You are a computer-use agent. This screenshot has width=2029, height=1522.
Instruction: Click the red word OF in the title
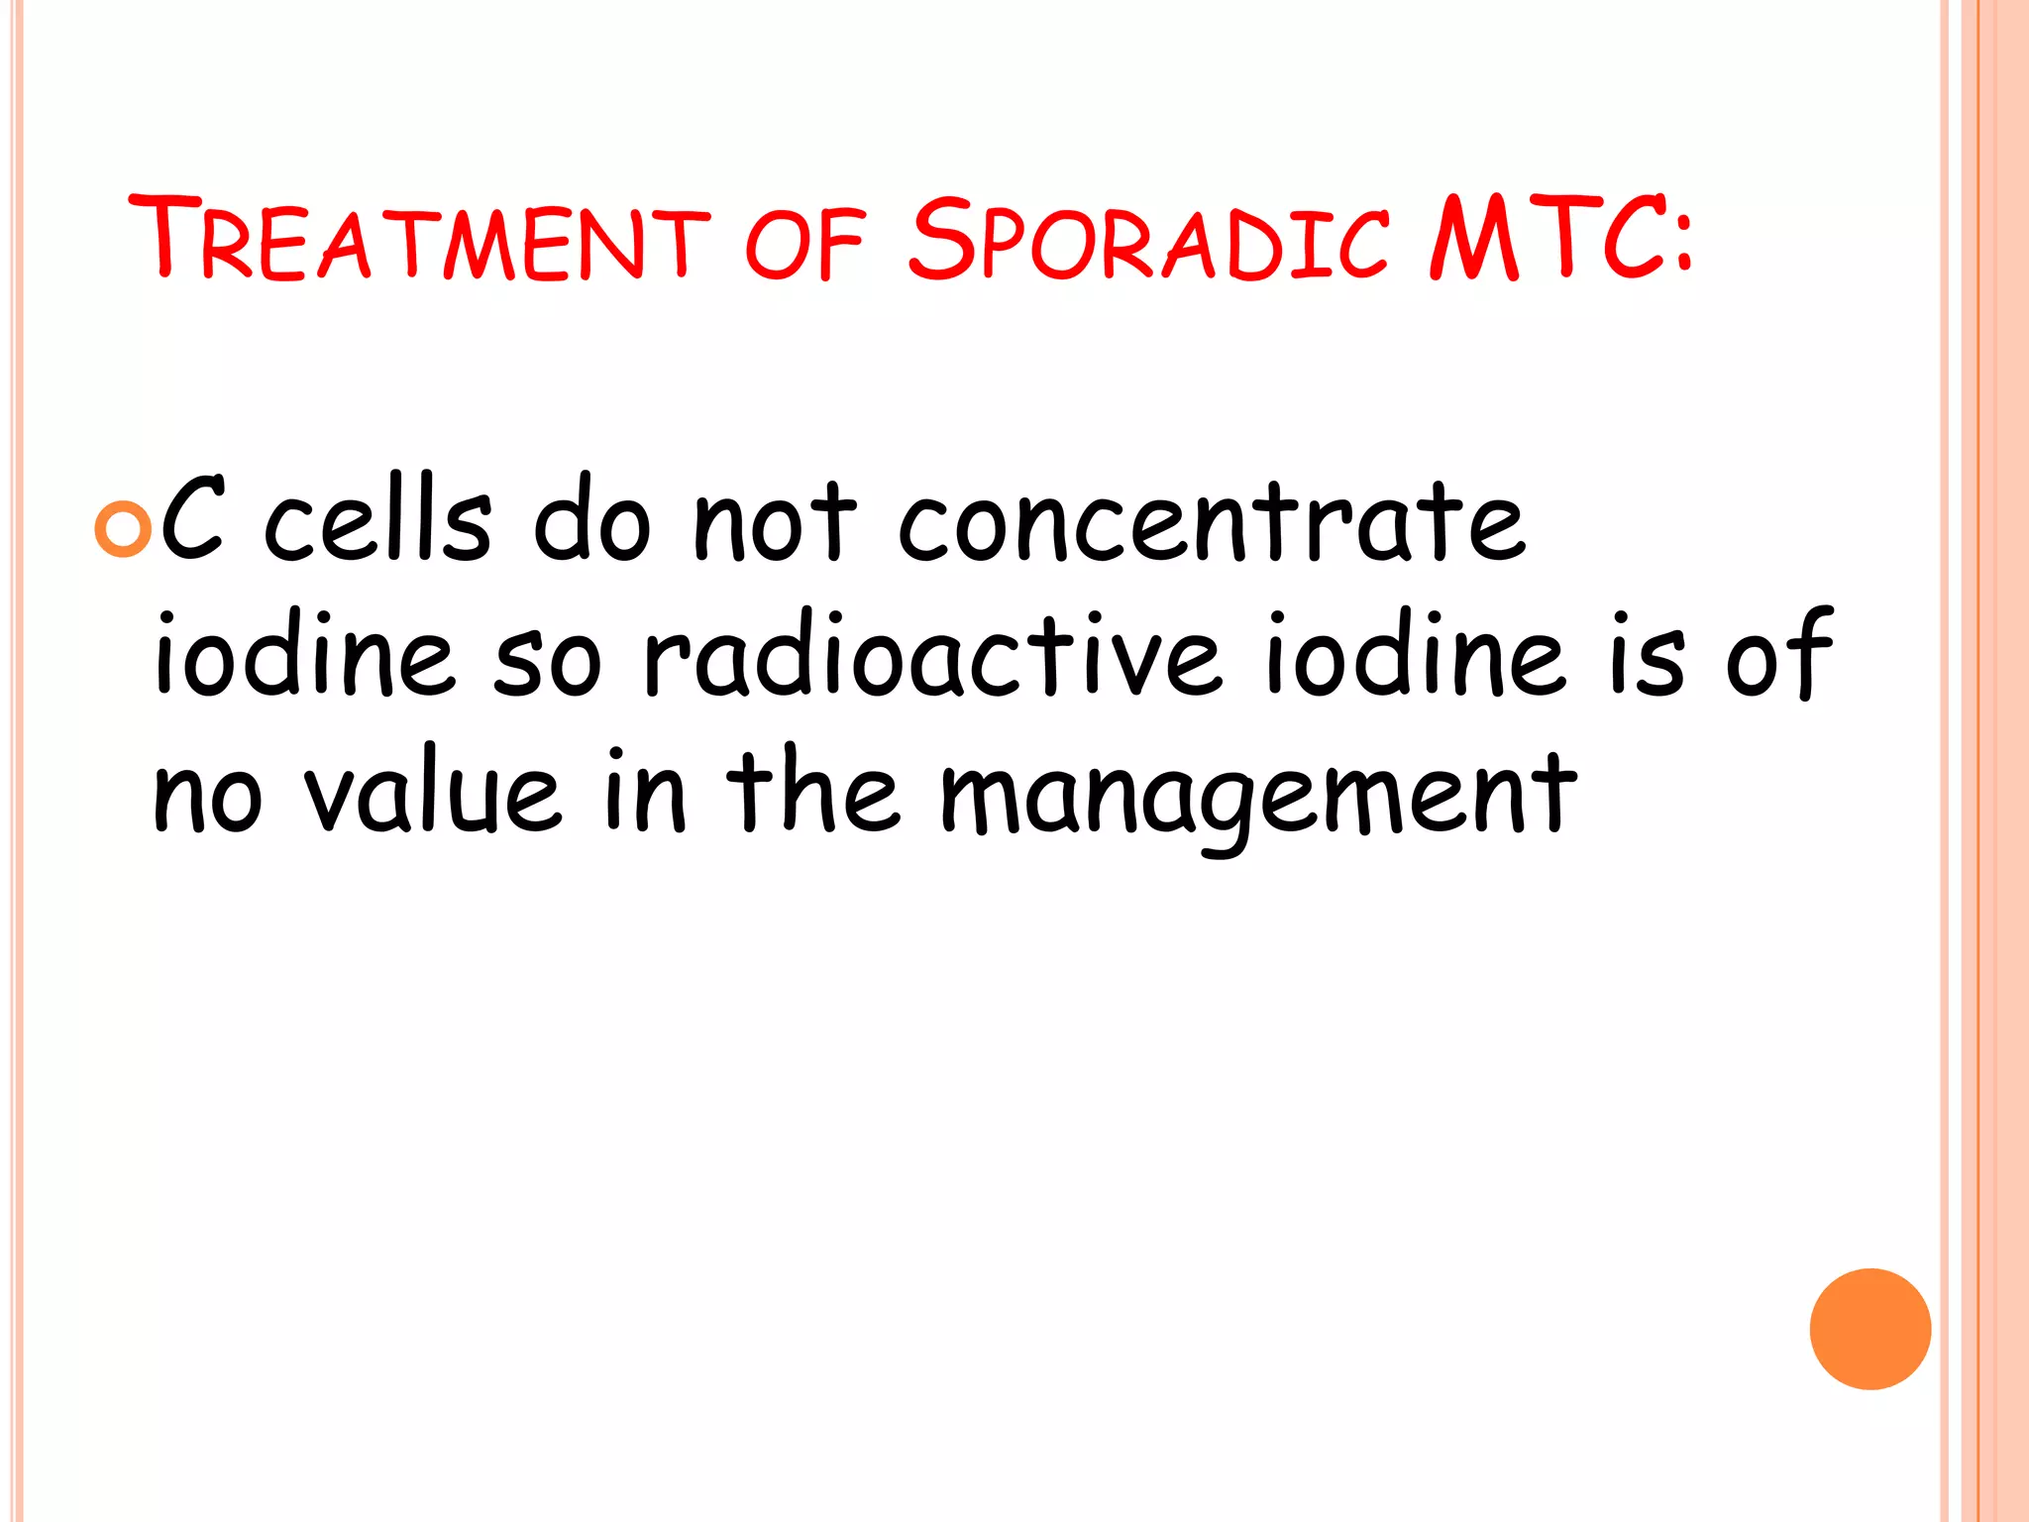[x=804, y=242]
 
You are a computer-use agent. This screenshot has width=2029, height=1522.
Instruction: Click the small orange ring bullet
[x=123, y=529]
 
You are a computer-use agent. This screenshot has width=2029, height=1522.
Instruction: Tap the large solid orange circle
[x=1869, y=1329]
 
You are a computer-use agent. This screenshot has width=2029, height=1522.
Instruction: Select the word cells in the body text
[x=377, y=520]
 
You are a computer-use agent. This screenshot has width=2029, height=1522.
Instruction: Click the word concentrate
[x=1211, y=522]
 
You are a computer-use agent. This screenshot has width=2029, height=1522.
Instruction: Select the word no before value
[x=208, y=798]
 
